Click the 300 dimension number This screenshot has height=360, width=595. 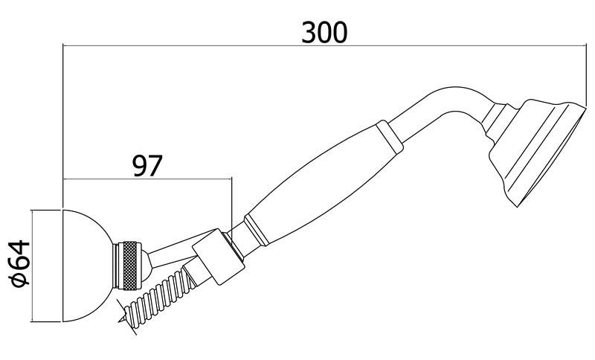point(324,32)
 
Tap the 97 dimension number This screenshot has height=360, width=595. point(147,165)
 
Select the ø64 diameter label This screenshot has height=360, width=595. point(21,263)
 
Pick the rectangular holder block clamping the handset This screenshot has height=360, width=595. point(218,257)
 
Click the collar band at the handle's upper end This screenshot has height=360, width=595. point(389,137)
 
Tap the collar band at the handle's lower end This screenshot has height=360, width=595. point(257,231)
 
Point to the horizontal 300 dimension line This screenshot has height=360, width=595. point(324,46)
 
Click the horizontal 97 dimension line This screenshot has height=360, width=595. point(147,179)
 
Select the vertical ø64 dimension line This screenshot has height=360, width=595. point(32,266)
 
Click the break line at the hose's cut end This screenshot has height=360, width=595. point(126,317)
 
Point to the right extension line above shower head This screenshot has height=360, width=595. point(586,76)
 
